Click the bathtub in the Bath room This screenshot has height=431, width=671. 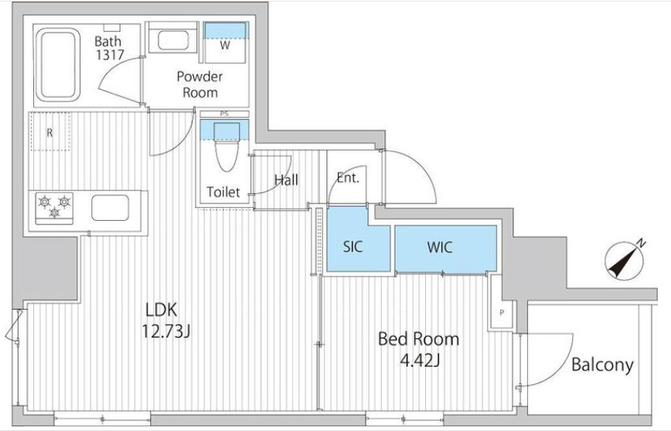tap(57, 65)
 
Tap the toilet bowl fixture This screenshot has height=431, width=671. tap(226, 148)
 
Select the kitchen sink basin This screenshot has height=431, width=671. tap(110, 208)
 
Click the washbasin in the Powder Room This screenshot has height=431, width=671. tap(173, 41)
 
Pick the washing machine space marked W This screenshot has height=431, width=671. tap(225, 42)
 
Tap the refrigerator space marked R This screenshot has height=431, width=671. tap(50, 131)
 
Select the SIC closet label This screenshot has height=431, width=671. tap(353, 246)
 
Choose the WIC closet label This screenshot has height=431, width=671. tap(440, 247)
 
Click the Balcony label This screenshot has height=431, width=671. tap(602, 365)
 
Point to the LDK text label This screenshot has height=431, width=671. tap(162, 309)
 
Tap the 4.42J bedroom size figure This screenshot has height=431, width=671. tap(421, 361)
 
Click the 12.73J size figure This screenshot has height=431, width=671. tap(166, 331)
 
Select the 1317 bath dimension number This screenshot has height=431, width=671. tap(110, 55)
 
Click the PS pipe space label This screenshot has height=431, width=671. tap(224, 114)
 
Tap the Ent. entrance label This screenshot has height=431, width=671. tap(348, 178)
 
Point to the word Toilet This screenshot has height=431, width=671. tap(223, 192)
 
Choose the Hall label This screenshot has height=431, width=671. tap(286, 179)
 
